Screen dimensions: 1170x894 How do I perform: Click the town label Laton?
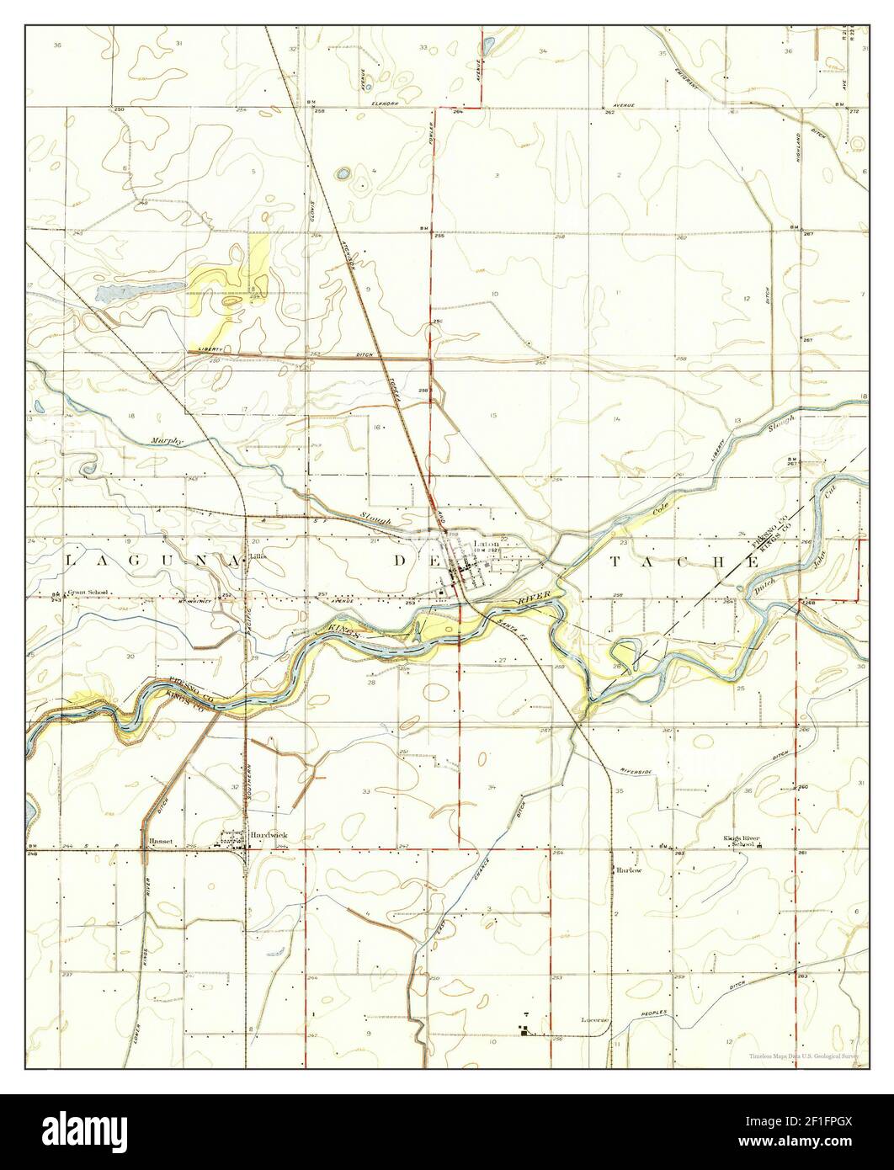487,544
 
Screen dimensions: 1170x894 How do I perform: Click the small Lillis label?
256,556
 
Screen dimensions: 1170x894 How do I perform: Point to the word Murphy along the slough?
168,440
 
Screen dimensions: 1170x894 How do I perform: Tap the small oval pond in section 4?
343,174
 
